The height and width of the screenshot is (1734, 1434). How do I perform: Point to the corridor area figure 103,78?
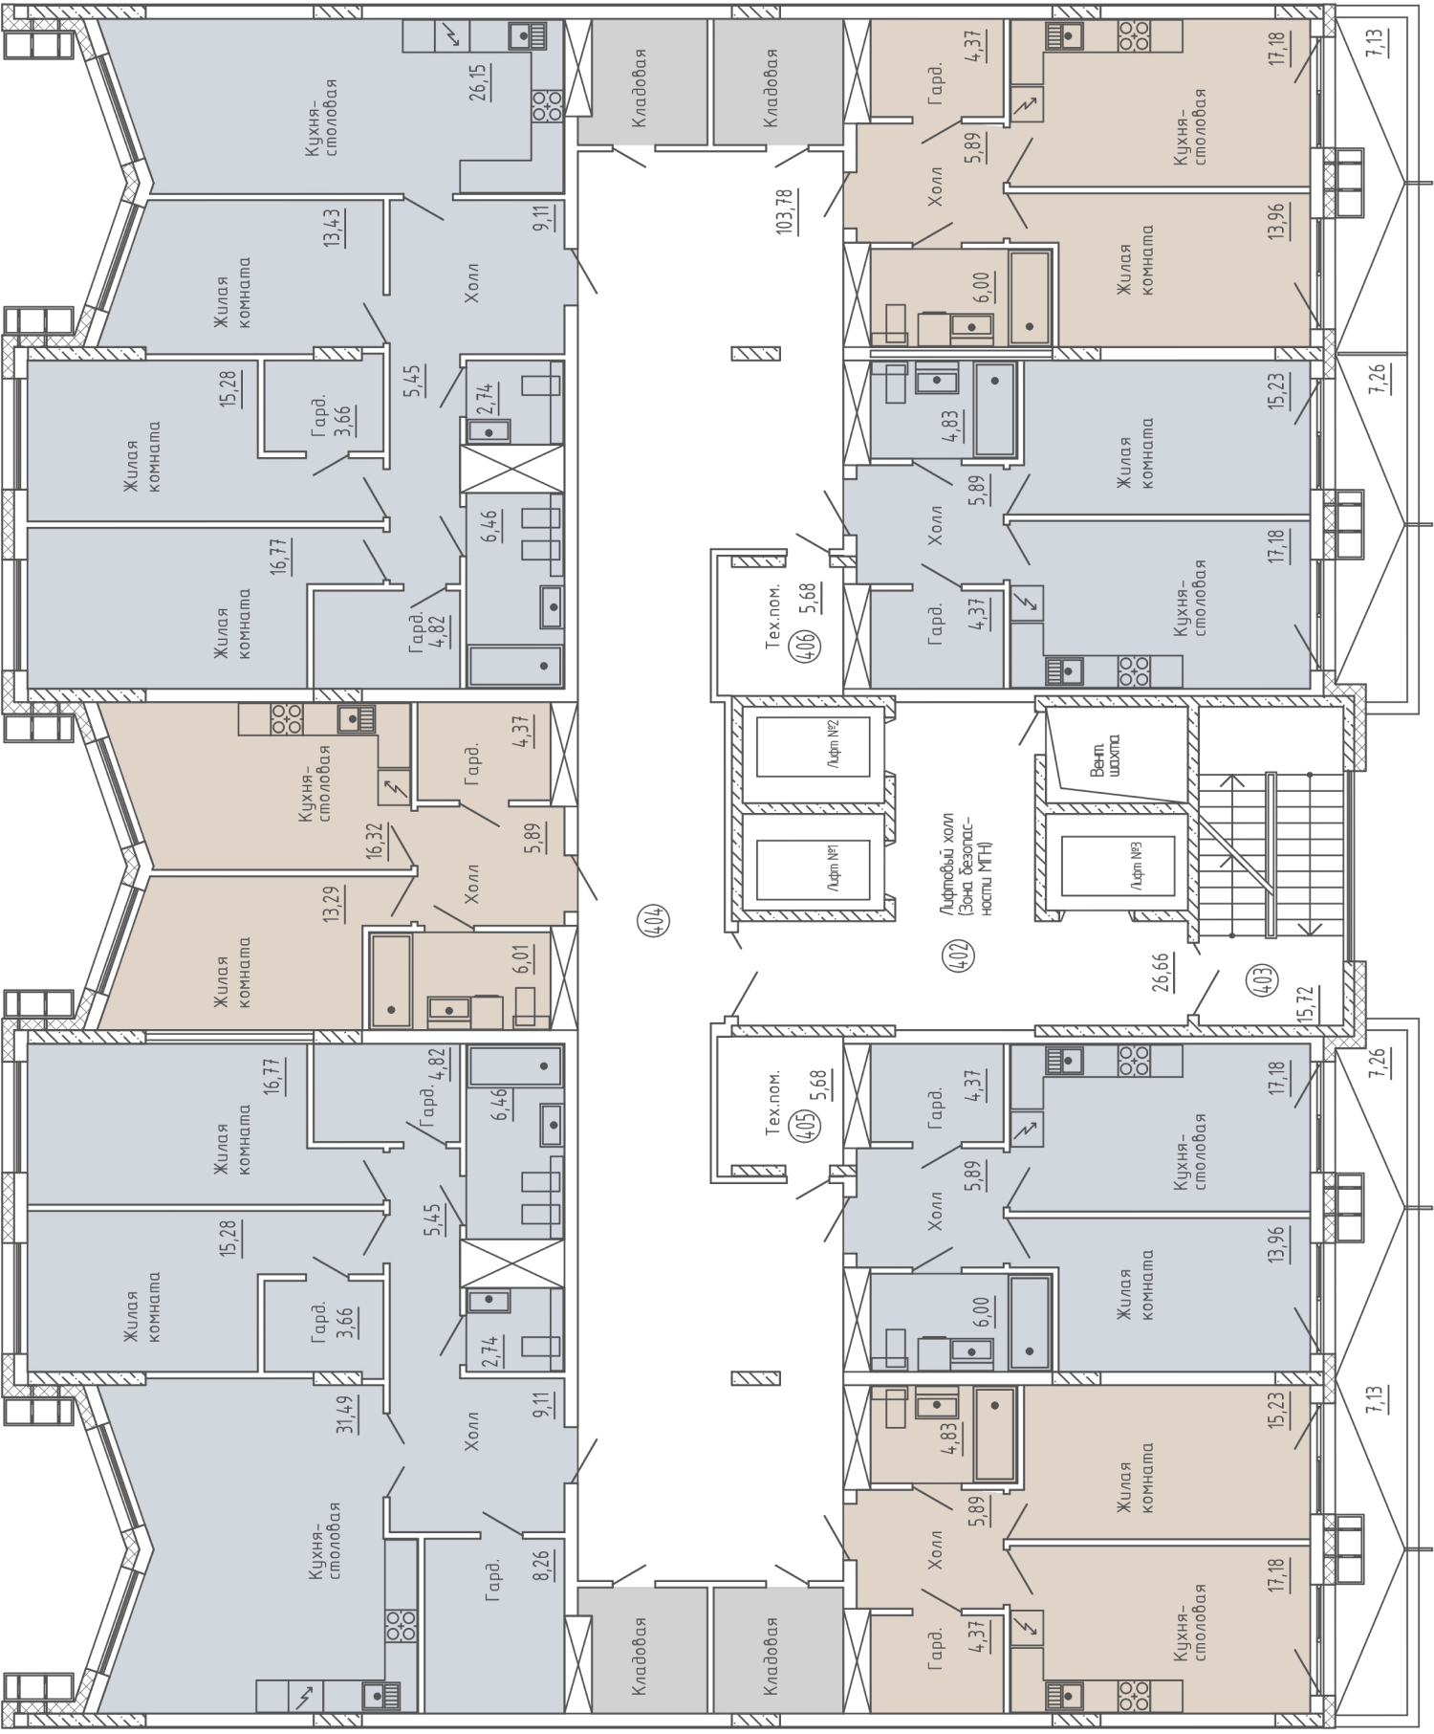[x=785, y=212]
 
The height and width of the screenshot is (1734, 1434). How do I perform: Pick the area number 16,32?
[x=374, y=843]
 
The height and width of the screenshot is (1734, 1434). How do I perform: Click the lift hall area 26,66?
[x=1163, y=972]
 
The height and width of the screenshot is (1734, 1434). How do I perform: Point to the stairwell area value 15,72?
[x=1303, y=1004]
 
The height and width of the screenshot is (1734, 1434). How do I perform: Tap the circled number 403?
[x=1265, y=981]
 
